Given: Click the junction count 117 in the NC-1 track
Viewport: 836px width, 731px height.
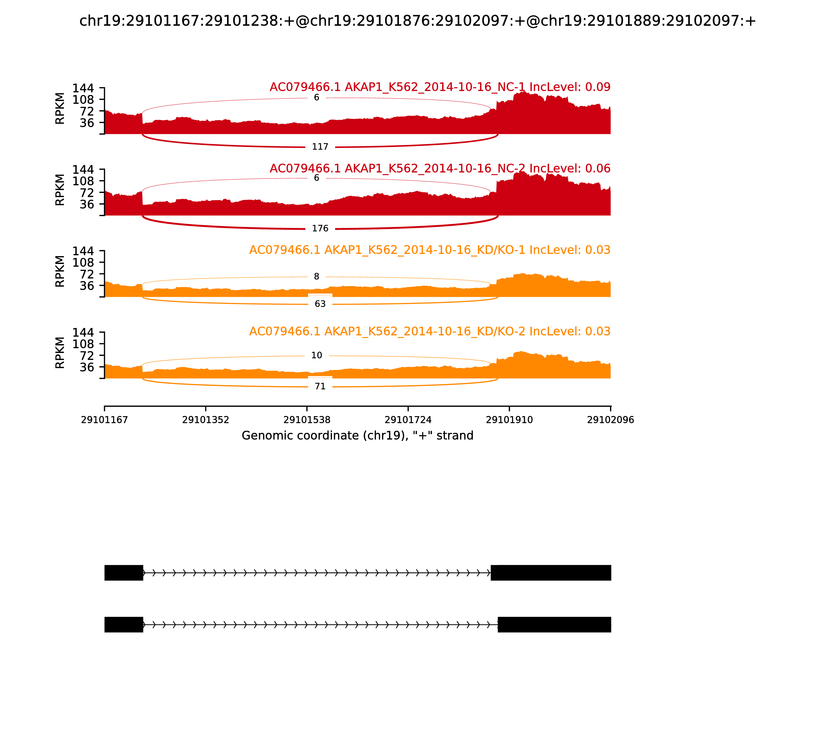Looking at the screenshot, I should (320, 147).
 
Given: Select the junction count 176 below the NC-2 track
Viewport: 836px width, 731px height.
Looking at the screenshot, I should (320, 228).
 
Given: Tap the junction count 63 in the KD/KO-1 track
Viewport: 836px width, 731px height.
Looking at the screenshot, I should (320, 304).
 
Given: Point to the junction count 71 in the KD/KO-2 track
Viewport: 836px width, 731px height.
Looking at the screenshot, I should (320, 386).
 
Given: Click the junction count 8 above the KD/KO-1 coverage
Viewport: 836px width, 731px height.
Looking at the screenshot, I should (316, 276).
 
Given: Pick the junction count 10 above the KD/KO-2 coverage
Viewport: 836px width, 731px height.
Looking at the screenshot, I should (316, 355).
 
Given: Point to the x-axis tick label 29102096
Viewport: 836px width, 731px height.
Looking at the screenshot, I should (610, 420).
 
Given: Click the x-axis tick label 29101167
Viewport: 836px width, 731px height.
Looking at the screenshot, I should (104, 420).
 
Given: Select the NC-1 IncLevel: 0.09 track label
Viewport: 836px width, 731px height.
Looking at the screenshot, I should (440, 87).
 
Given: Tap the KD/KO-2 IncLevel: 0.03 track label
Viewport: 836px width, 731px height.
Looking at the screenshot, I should (429, 331).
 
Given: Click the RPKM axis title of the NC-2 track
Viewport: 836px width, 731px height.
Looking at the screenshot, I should (60, 190).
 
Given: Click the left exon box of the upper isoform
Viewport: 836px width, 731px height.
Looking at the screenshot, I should (124, 573).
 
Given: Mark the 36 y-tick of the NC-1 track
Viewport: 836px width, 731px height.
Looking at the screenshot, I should (86, 123).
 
